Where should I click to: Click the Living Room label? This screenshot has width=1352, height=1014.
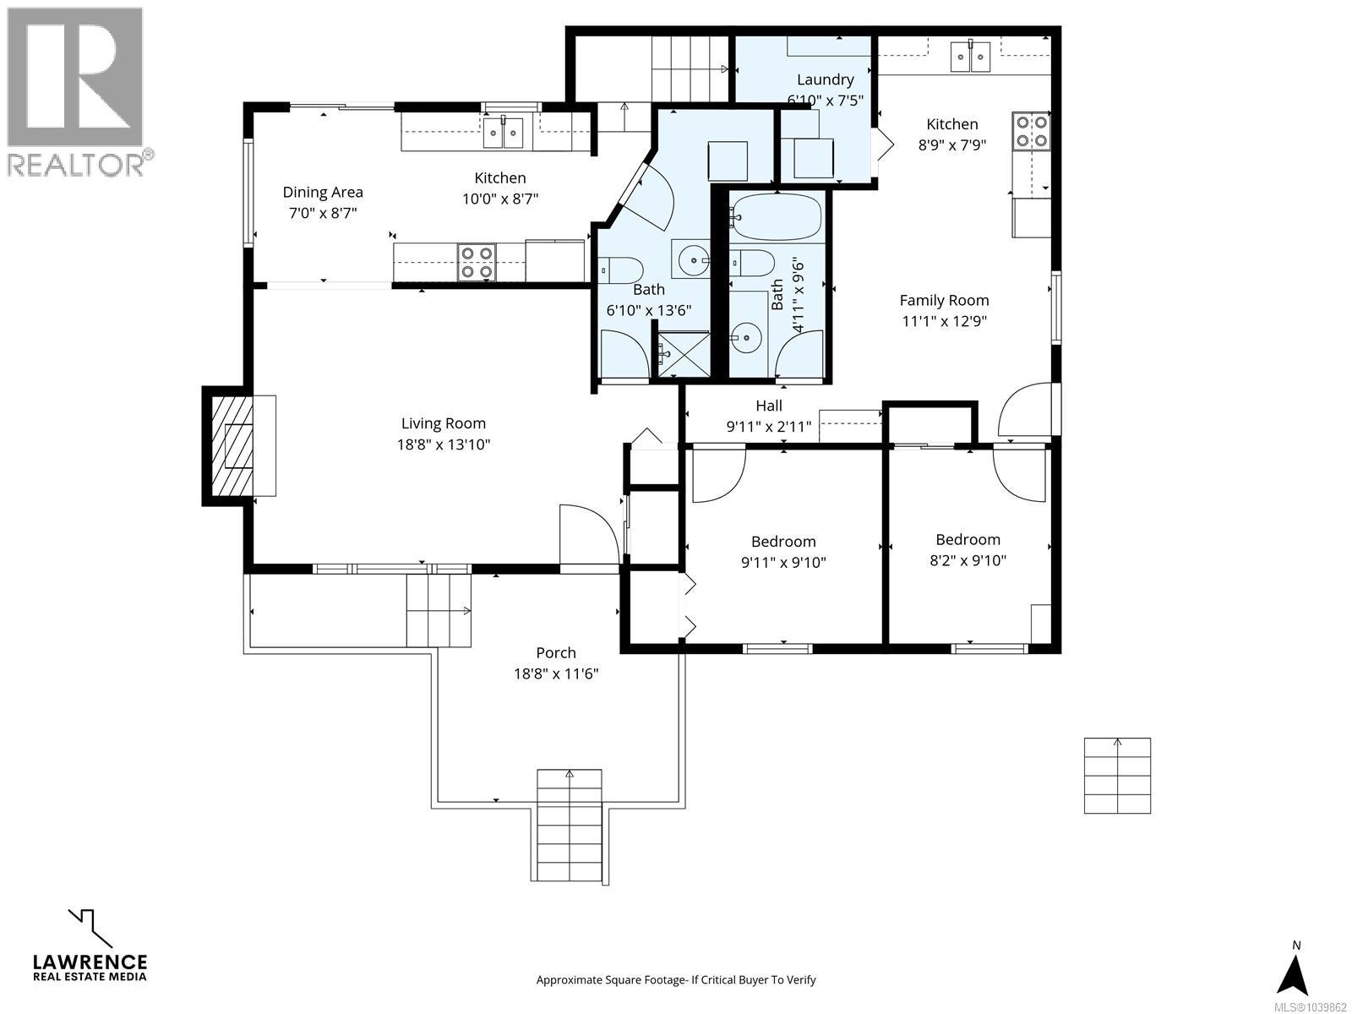[444, 423]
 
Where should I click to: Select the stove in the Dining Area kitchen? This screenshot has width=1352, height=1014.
[477, 262]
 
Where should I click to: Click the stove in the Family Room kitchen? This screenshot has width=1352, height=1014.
[1031, 131]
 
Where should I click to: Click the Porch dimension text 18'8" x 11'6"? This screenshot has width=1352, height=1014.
[556, 673]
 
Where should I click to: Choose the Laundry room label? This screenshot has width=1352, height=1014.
[826, 79]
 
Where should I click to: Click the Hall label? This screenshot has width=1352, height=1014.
[769, 406]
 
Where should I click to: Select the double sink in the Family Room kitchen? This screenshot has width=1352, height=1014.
[970, 57]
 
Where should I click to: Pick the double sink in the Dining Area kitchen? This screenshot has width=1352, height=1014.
[504, 133]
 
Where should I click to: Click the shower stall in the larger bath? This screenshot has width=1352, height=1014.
[684, 355]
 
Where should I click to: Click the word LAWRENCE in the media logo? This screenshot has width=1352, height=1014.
[90, 962]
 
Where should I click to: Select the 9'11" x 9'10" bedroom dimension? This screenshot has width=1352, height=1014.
[783, 562]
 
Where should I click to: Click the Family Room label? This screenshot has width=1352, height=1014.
[944, 301]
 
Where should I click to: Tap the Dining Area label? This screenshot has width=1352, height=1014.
[323, 192]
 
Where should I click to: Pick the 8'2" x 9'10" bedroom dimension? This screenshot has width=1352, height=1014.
[968, 560]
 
